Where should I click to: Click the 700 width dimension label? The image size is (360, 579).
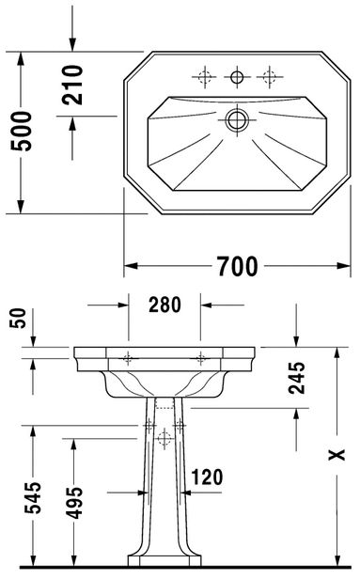pyautogui.click(x=237, y=266)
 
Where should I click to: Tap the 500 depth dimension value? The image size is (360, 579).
pyautogui.click(x=22, y=131)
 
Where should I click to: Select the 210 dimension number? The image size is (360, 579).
pyautogui.click(x=72, y=85)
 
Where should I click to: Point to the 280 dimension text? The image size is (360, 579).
pyautogui.click(x=164, y=305)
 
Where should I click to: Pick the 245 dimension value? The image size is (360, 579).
pyautogui.click(x=297, y=378)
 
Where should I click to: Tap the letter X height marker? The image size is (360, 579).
pyautogui.click(x=337, y=455)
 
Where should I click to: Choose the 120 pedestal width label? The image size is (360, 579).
pyautogui.click(x=207, y=477)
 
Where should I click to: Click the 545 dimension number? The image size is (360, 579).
pyautogui.click(x=33, y=497)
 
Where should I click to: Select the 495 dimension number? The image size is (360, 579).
pyautogui.click(x=74, y=503)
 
